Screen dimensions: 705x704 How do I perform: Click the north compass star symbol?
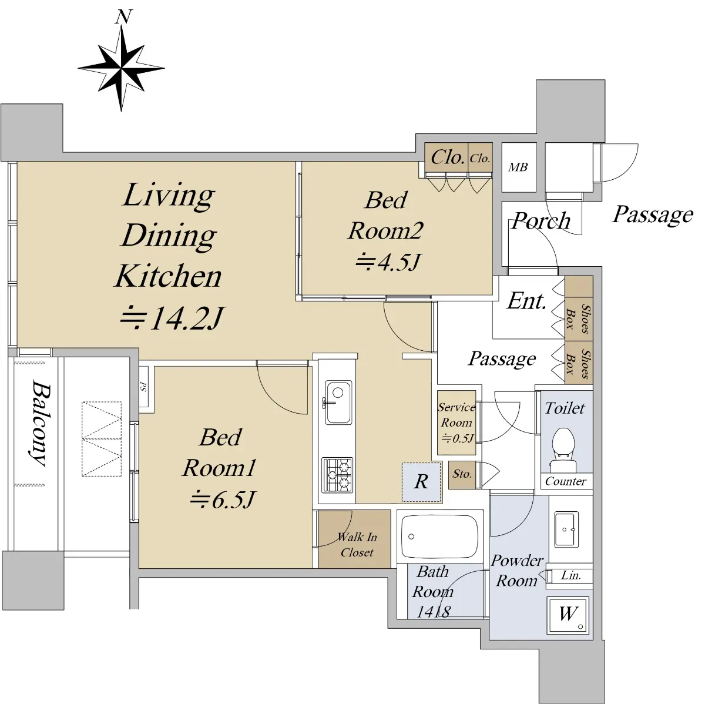pos(121,68)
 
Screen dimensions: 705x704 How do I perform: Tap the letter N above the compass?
pos(123,17)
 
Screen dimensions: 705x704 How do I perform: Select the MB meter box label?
pos(518,167)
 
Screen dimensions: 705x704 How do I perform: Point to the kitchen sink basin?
pos(338,402)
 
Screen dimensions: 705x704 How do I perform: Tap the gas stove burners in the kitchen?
pos(337,475)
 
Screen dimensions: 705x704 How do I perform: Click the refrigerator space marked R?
pos(421,482)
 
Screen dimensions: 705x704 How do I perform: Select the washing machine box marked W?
pos(568,615)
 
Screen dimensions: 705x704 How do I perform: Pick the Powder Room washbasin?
pos(566,529)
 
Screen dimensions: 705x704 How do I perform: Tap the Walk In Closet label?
pos(357,545)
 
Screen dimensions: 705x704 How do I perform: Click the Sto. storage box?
pos(462,475)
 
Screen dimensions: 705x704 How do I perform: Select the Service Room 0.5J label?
pos(456,423)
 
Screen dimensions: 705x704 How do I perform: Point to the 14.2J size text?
pos(171,318)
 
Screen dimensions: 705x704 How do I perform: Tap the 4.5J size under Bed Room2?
pos(388,262)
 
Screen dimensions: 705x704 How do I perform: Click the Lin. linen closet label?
pos(571,575)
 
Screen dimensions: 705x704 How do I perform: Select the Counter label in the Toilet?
pos(566,481)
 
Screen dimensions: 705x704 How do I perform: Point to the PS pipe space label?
pos(143,387)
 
